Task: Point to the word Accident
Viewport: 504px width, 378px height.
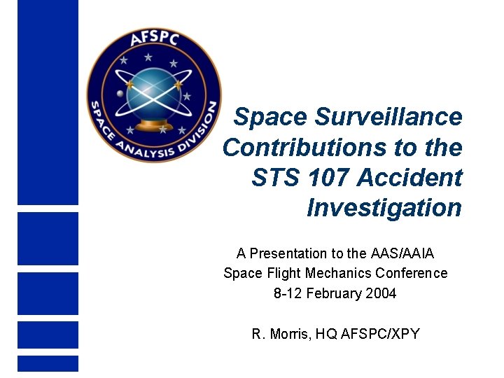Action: pos(409,178)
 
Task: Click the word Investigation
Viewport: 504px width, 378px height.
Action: pos(384,208)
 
